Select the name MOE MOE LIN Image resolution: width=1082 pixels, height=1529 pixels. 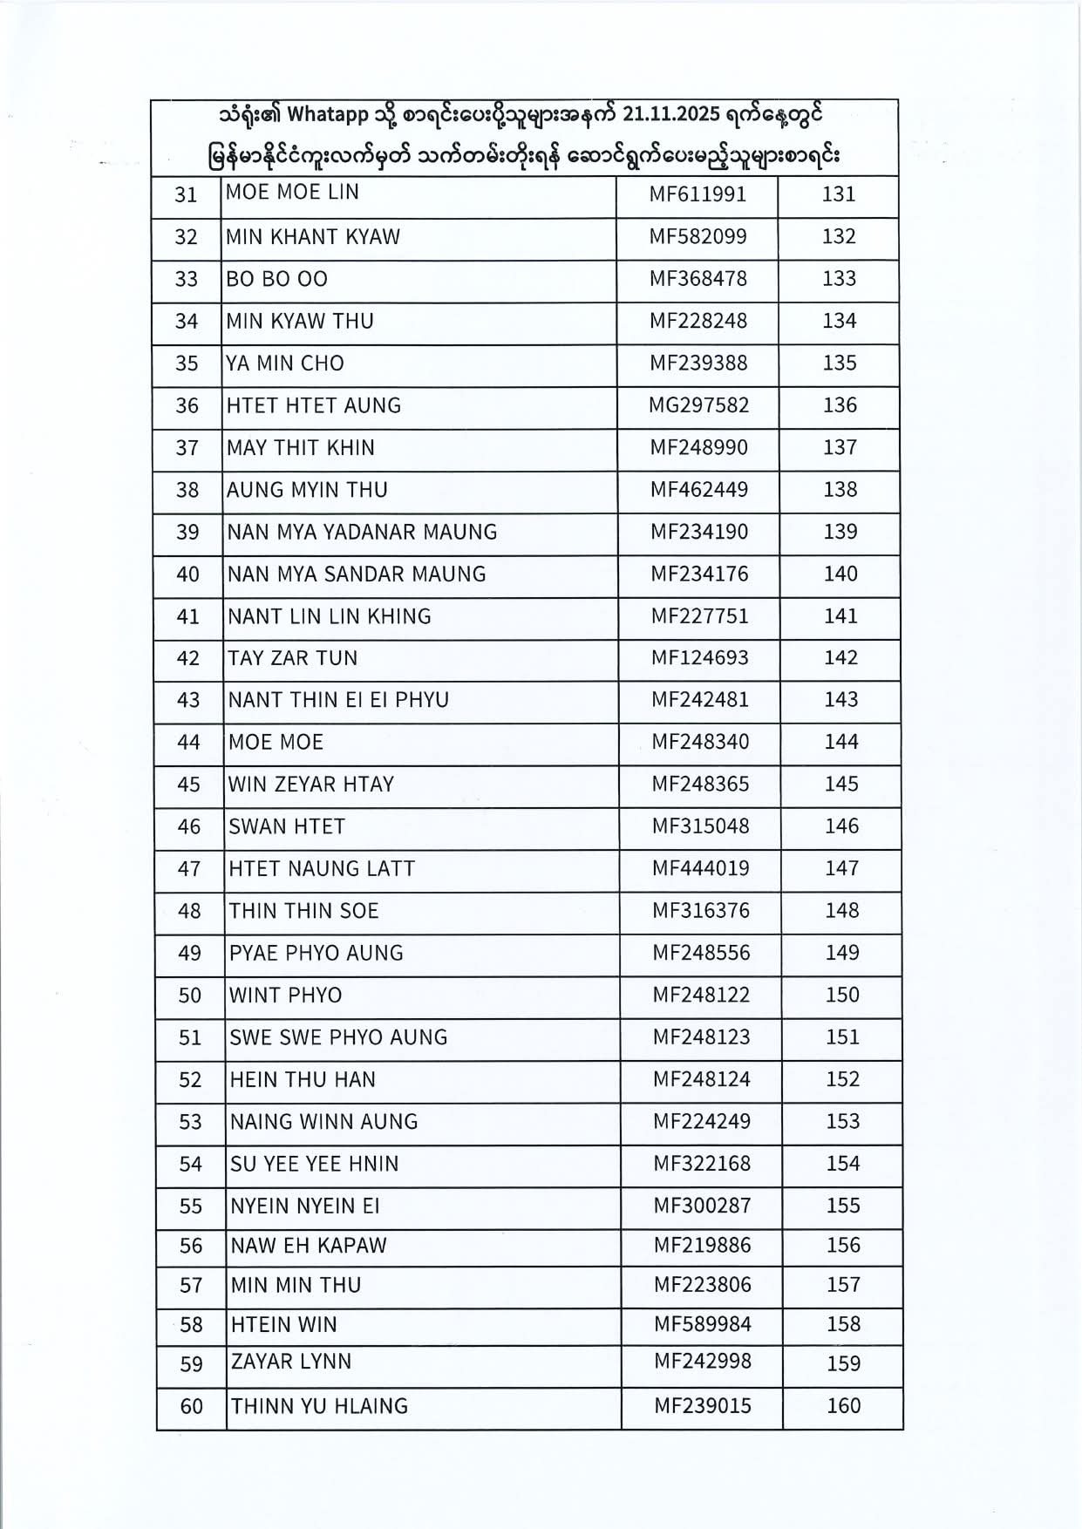(x=292, y=192)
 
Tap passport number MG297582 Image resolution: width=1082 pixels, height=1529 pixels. (x=698, y=405)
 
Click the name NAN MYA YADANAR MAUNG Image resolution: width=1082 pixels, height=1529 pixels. (x=362, y=532)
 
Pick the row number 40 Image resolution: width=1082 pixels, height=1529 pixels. (x=187, y=574)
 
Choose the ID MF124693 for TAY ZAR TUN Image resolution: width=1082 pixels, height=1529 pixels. (x=699, y=658)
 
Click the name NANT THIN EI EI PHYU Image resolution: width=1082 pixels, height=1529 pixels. (x=338, y=700)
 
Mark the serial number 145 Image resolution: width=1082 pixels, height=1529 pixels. (x=841, y=785)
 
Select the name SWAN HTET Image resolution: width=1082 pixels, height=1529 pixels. (x=287, y=826)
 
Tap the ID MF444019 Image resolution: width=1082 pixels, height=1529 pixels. (x=700, y=868)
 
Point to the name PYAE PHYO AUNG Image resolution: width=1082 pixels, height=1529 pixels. (x=316, y=953)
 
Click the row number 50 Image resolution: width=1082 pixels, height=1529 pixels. (x=189, y=996)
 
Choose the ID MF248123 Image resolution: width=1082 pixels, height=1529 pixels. (x=701, y=1037)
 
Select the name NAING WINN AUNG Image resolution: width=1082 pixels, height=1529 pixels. (x=323, y=1122)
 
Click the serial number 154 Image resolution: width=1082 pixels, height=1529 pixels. (x=843, y=1164)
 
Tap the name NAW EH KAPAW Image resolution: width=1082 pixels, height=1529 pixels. (x=308, y=1246)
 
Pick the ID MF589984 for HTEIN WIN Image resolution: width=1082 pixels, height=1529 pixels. (x=702, y=1324)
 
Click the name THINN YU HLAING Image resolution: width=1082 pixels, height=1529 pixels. (x=319, y=1406)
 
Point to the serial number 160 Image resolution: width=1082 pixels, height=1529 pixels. (x=843, y=1405)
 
